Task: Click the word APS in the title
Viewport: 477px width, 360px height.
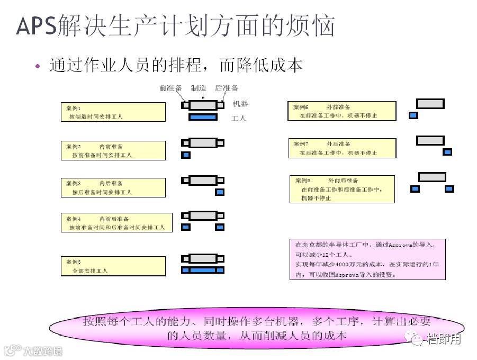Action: point(35,26)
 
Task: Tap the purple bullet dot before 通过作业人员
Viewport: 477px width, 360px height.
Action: point(37,66)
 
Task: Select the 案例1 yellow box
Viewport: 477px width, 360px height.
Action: point(113,112)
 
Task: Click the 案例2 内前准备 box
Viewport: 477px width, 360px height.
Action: point(113,150)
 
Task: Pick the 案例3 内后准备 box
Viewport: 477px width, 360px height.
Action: point(113,187)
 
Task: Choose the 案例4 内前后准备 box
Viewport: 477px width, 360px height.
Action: point(116,222)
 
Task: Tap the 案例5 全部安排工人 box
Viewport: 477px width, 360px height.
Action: point(113,266)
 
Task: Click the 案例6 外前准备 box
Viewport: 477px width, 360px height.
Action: point(341,111)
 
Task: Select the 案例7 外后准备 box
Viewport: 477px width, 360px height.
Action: point(342,148)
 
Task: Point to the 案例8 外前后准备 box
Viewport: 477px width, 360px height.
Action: point(342,189)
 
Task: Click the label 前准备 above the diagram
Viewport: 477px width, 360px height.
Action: point(170,88)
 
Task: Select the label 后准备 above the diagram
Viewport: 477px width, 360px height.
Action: point(227,88)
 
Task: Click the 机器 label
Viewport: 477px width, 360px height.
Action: point(240,104)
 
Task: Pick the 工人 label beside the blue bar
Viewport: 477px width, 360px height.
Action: point(239,119)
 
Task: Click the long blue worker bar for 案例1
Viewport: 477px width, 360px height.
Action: point(203,117)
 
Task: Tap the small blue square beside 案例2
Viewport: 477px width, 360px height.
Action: point(186,155)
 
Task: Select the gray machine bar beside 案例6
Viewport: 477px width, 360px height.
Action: point(430,104)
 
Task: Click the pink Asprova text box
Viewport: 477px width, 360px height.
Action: point(367,259)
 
